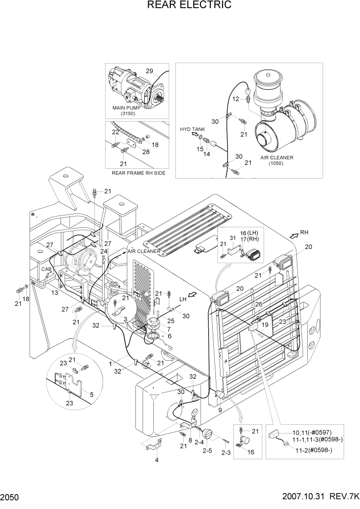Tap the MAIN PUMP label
pos(126,108)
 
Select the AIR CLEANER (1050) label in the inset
pos(277,158)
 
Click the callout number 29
pos(149,71)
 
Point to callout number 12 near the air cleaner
pos(236,99)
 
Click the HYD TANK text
pos(192,129)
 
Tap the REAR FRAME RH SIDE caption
pos(138,173)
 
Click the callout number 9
pos(220,410)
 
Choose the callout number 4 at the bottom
pos(157,459)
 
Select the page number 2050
pos(11,498)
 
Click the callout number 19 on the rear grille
pos(265,324)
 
